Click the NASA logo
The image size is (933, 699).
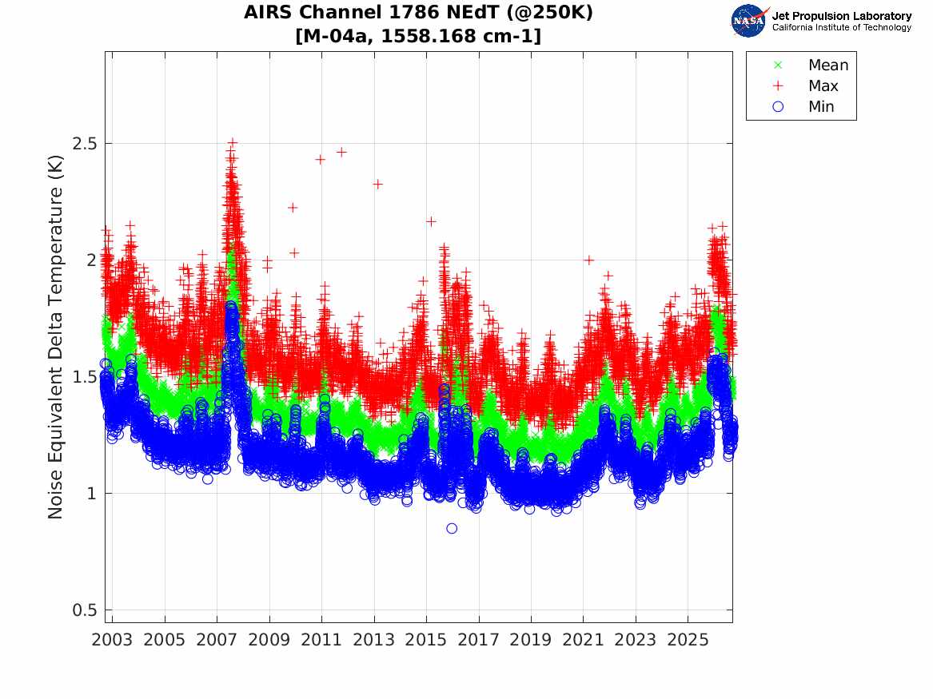[x=748, y=21]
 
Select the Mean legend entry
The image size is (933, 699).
[x=811, y=65]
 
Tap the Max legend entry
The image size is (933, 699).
[x=805, y=85]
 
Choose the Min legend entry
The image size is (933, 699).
[x=803, y=106]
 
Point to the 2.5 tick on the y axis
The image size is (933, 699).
[x=85, y=143]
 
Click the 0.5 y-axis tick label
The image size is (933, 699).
[x=85, y=610]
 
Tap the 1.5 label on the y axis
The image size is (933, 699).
[x=85, y=377]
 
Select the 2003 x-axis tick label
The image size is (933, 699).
[x=112, y=640]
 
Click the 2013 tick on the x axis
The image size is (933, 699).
[x=373, y=640]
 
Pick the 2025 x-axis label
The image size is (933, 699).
[x=688, y=640]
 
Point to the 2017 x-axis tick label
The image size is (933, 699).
[x=478, y=640]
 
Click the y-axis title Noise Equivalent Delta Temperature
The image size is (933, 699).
[x=54, y=337]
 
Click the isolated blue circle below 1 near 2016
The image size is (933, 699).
[x=452, y=528]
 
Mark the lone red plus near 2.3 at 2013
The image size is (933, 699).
[x=377, y=185]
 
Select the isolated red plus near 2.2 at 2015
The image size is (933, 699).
[x=431, y=221]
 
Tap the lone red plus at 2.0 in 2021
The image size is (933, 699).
[x=589, y=260]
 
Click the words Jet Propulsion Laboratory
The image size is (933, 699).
[x=842, y=16]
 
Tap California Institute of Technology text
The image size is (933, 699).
[x=842, y=27]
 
